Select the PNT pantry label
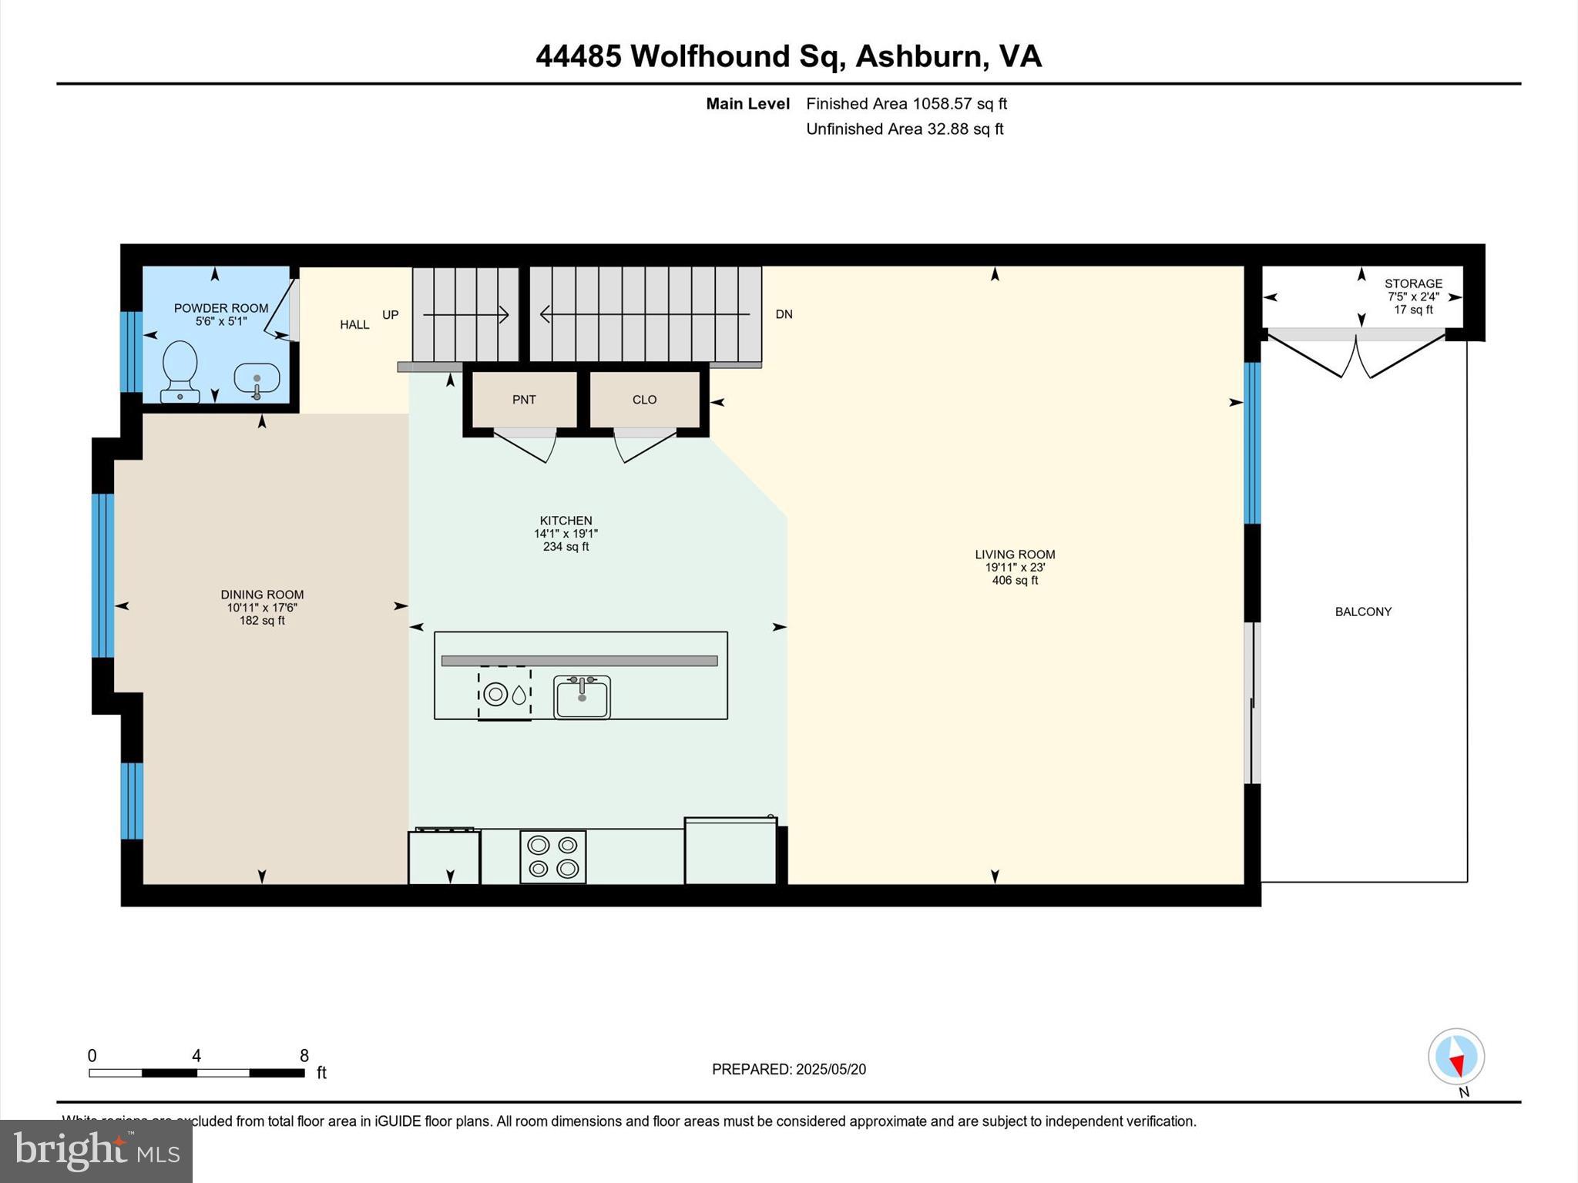[524, 400]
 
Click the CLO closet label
[644, 400]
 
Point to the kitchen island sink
[582, 697]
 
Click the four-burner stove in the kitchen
[552, 856]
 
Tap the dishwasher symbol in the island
[505, 694]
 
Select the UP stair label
[391, 315]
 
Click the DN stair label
[784, 314]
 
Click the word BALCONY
[1363, 612]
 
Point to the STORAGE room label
[1413, 283]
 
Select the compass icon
[1455, 1057]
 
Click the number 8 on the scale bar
[304, 1056]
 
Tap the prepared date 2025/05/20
[831, 1069]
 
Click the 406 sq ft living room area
[1015, 581]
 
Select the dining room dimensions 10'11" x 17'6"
[262, 608]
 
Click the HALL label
[354, 325]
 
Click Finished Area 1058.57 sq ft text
[906, 104]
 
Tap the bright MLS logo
[96, 1151]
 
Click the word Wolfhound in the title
[710, 56]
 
